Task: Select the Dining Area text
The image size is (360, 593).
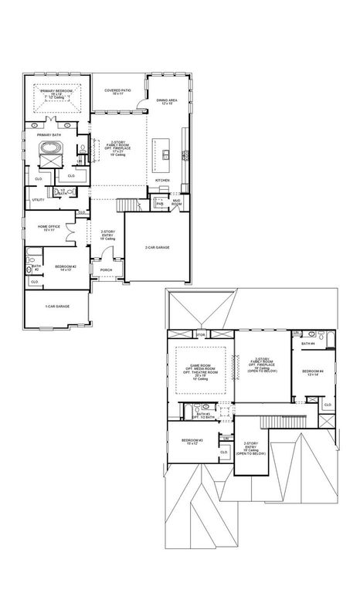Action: (x=167, y=100)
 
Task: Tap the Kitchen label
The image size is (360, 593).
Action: (x=162, y=180)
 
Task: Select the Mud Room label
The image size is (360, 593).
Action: (x=176, y=202)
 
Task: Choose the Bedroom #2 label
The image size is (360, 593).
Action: (x=63, y=268)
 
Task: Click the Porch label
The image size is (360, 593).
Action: (x=106, y=270)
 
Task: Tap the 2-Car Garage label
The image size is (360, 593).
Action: (x=156, y=247)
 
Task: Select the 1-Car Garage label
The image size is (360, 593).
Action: (x=57, y=307)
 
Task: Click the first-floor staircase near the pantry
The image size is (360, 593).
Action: (x=129, y=204)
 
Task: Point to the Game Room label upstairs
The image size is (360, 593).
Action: (x=201, y=368)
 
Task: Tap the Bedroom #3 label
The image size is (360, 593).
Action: (x=192, y=441)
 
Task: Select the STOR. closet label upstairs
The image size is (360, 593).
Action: (x=200, y=335)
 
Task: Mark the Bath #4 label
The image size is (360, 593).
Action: (x=307, y=343)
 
